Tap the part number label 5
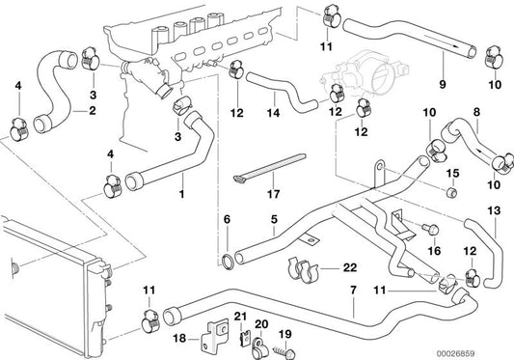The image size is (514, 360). point(274,220)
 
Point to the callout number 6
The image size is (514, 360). point(228,221)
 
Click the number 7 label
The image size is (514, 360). point(353,289)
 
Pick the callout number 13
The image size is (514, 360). point(494,210)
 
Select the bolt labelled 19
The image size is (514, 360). point(260,334)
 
